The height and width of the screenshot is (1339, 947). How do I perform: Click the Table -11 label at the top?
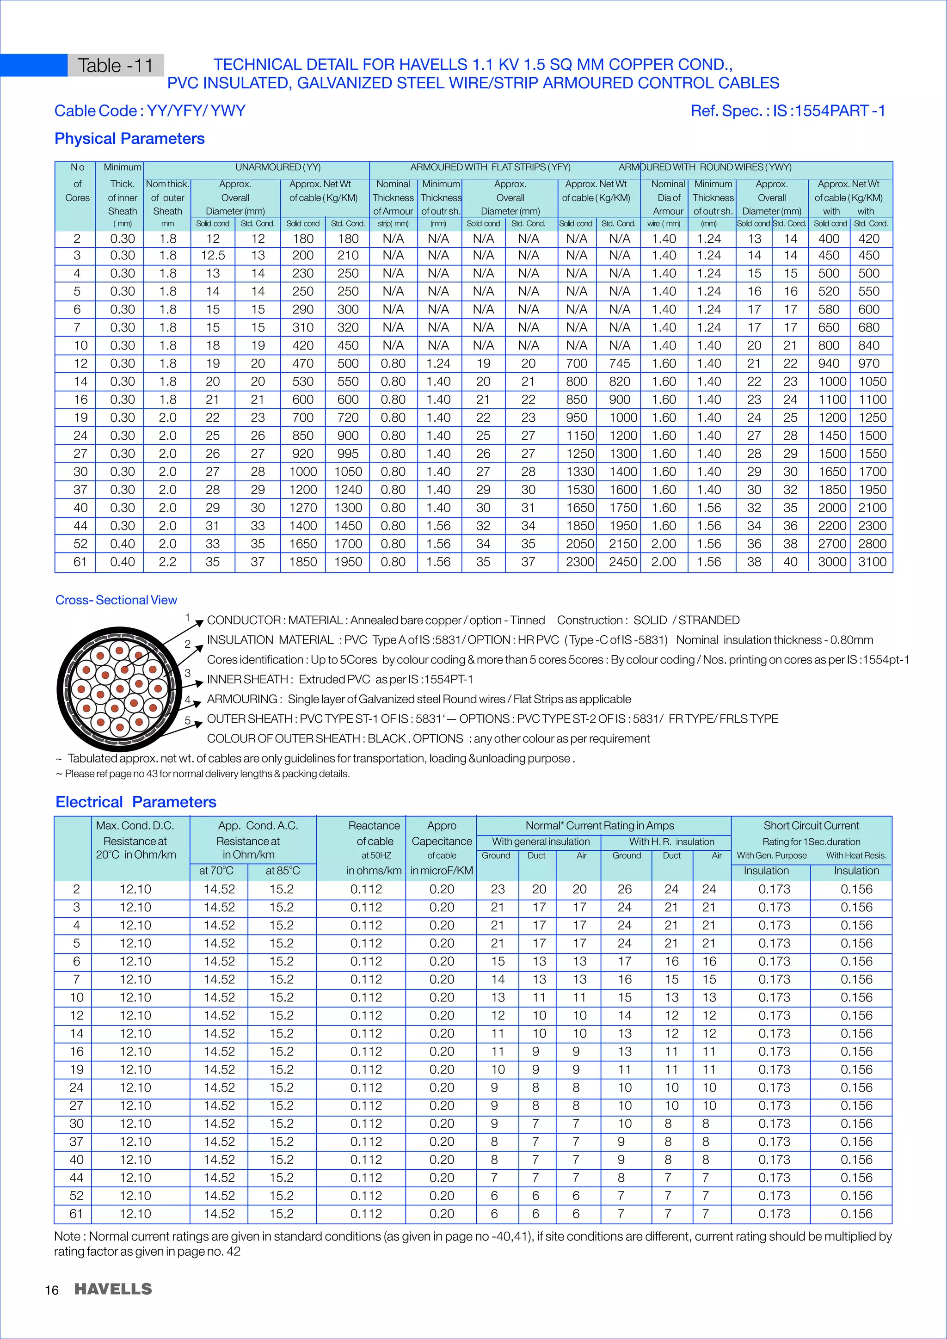(x=116, y=65)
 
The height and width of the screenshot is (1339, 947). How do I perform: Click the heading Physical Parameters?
(x=129, y=139)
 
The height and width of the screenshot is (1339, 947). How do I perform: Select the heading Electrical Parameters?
(x=135, y=802)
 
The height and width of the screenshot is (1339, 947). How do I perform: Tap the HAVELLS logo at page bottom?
(x=113, y=1289)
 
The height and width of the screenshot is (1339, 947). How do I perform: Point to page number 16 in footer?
(x=51, y=1290)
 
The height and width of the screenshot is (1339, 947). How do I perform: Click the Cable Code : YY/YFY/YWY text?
(x=150, y=111)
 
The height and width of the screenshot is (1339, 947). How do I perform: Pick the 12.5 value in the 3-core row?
(x=213, y=255)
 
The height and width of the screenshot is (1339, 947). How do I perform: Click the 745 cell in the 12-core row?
(x=619, y=363)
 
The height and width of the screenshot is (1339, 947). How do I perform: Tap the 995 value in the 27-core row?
(x=348, y=454)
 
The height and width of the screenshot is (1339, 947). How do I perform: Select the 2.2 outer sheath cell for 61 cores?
(x=167, y=562)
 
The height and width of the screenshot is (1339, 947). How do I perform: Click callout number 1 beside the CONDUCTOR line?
(x=188, y=617)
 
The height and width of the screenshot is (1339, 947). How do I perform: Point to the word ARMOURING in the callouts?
(x=242, y=699)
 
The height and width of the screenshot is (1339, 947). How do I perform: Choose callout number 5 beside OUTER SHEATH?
(x=188, y=720)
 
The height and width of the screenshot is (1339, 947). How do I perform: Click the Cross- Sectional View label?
(x=116, y=600)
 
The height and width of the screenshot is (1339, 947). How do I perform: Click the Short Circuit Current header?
(x=811, y=825)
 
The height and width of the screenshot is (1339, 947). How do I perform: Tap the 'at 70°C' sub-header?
(x=216, y=871)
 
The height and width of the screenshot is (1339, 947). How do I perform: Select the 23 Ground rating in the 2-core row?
(x=498, y=890)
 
